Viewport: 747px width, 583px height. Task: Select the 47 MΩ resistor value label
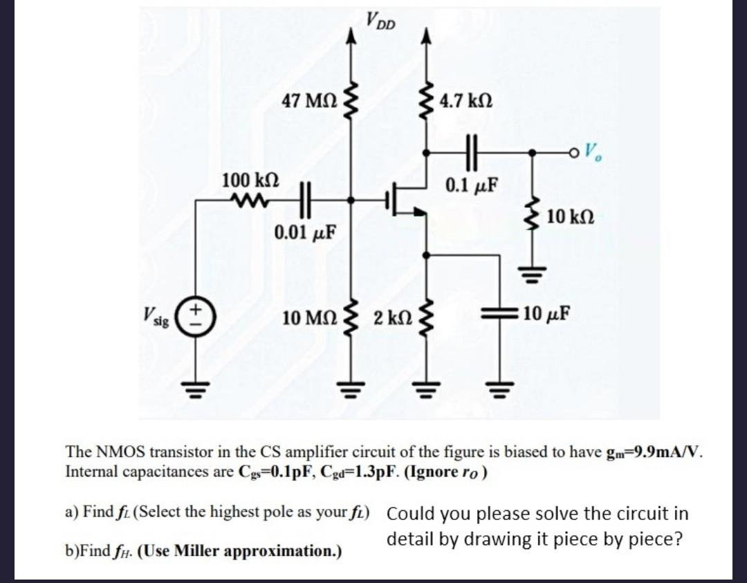pos(309,101)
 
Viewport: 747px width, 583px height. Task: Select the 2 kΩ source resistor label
pos(391,319)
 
